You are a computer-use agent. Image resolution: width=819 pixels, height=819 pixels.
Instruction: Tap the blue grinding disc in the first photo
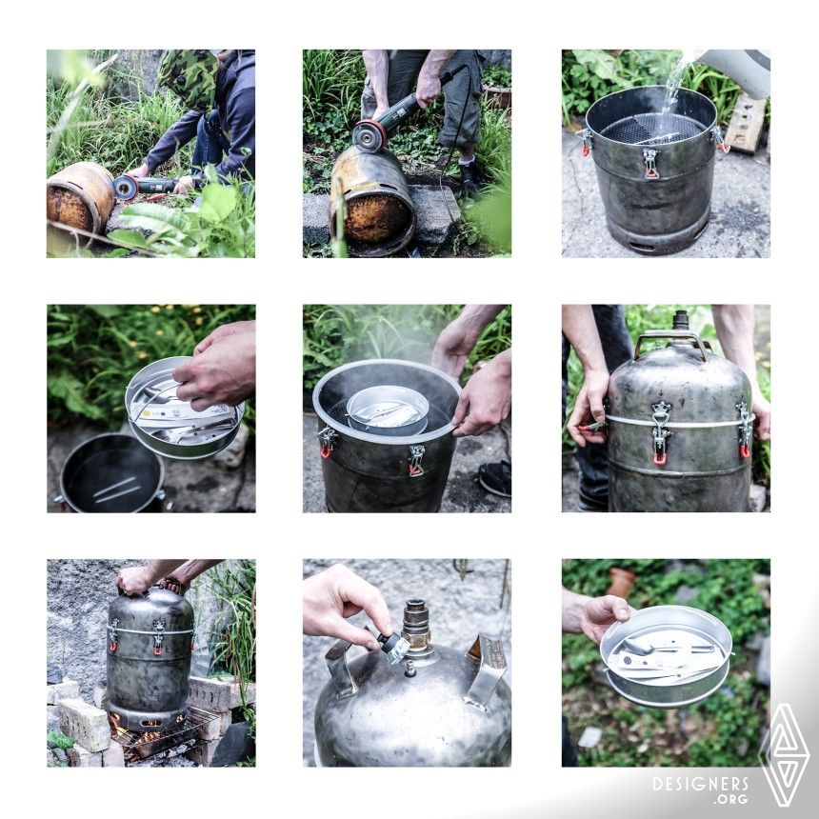(126, 188)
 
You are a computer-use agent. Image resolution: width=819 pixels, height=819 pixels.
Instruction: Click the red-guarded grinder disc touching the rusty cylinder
(370, 136)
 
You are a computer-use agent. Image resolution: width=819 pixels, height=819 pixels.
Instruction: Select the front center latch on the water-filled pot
(650, 163)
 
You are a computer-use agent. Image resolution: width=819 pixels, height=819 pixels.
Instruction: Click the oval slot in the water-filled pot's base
(643, 247)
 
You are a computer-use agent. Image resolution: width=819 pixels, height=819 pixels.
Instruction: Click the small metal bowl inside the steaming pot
(388, 410)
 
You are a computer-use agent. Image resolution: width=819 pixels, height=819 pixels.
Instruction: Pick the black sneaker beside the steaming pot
(494, 477)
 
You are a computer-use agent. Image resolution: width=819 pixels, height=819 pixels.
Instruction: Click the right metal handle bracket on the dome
(486, 669)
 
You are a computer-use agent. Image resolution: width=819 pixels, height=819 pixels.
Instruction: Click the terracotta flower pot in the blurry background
(621, 582)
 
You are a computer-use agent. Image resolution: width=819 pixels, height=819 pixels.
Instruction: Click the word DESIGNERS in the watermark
(700, 784)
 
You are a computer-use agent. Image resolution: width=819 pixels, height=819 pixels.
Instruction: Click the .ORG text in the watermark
(733, 799)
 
